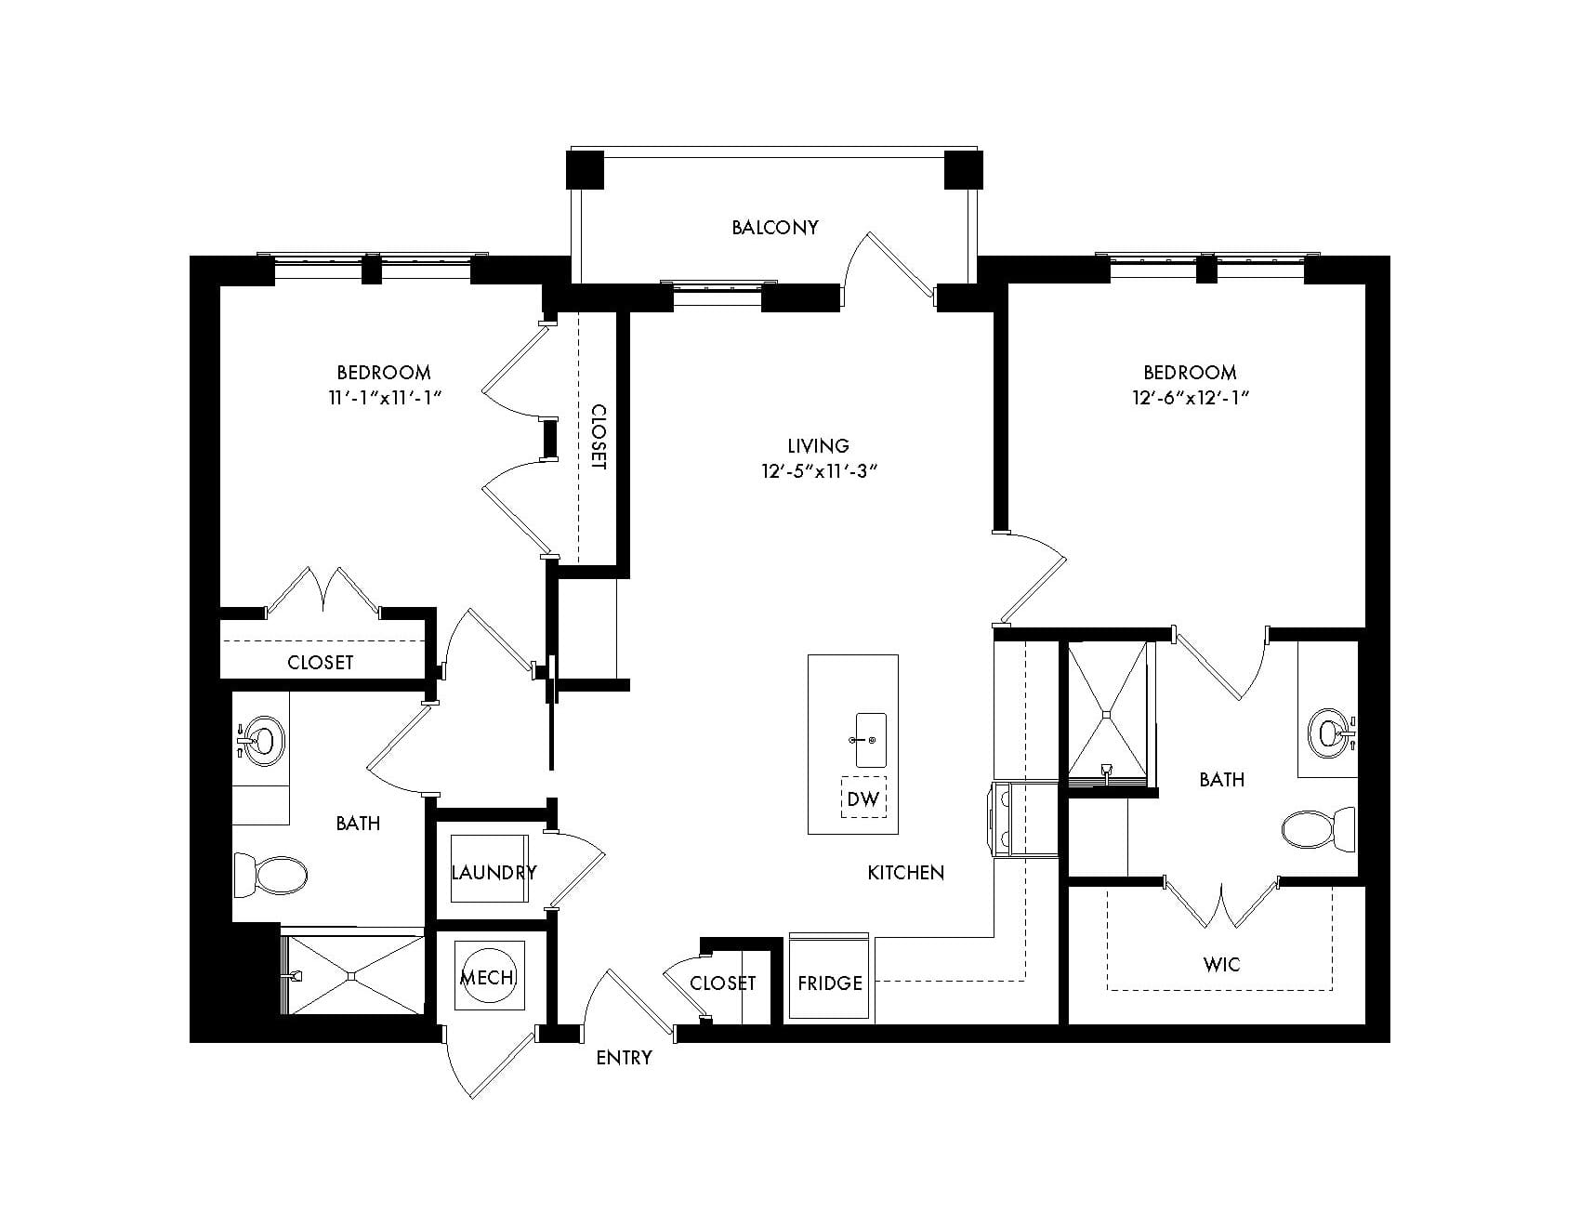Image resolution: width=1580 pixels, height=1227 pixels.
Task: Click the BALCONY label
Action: (774, 227)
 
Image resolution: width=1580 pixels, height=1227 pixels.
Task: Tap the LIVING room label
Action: (819, 446)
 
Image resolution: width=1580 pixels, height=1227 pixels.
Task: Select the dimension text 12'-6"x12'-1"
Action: (1190, 398)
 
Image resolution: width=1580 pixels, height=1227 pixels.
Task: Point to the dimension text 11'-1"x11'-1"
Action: (383, 398)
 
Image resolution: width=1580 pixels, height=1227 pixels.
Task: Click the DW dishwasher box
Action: (863, 798)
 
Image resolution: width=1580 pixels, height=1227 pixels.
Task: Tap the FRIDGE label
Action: (829, 983)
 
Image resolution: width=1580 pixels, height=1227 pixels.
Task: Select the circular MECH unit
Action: (489, 976)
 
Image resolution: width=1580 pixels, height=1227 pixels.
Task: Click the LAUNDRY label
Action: (494, 872)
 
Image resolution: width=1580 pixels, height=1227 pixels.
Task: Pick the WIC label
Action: (1220, 965)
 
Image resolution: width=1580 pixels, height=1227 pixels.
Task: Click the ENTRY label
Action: (624, 1058)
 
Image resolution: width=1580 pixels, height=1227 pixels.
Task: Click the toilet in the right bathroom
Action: (1318, 829)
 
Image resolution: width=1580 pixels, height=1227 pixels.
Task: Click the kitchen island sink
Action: (870, 740)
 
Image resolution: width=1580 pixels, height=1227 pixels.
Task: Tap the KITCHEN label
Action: (906, 873)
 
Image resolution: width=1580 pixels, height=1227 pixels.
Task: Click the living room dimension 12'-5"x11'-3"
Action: (819, 471)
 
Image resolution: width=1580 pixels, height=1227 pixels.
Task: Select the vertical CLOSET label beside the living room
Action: (599, 437)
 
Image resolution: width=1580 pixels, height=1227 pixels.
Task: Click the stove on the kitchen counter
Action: (1024, 817)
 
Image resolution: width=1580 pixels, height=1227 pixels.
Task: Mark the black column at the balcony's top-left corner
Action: (586, 170)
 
